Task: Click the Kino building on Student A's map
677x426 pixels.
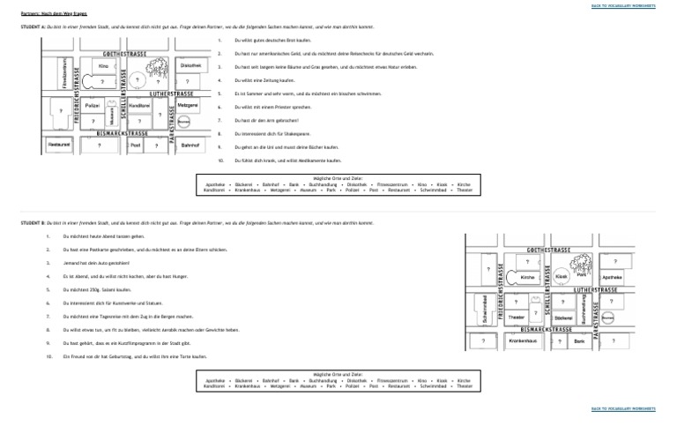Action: [x=104, y=66]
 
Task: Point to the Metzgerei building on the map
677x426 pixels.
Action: [x=187, y=105]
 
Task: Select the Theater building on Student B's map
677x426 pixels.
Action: [x=518, y=317]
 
